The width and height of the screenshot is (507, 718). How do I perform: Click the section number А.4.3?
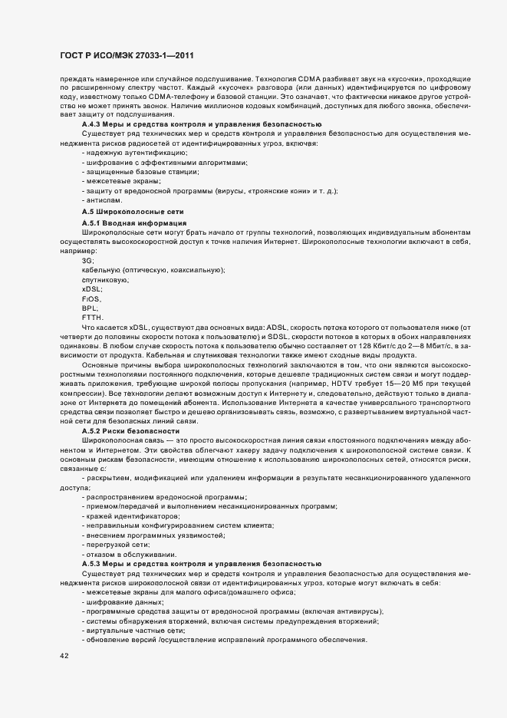(x=92, y=124)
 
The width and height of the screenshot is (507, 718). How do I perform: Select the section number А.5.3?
(x=92, y=564)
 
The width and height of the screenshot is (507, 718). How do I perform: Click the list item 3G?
(x=87, y=261)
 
